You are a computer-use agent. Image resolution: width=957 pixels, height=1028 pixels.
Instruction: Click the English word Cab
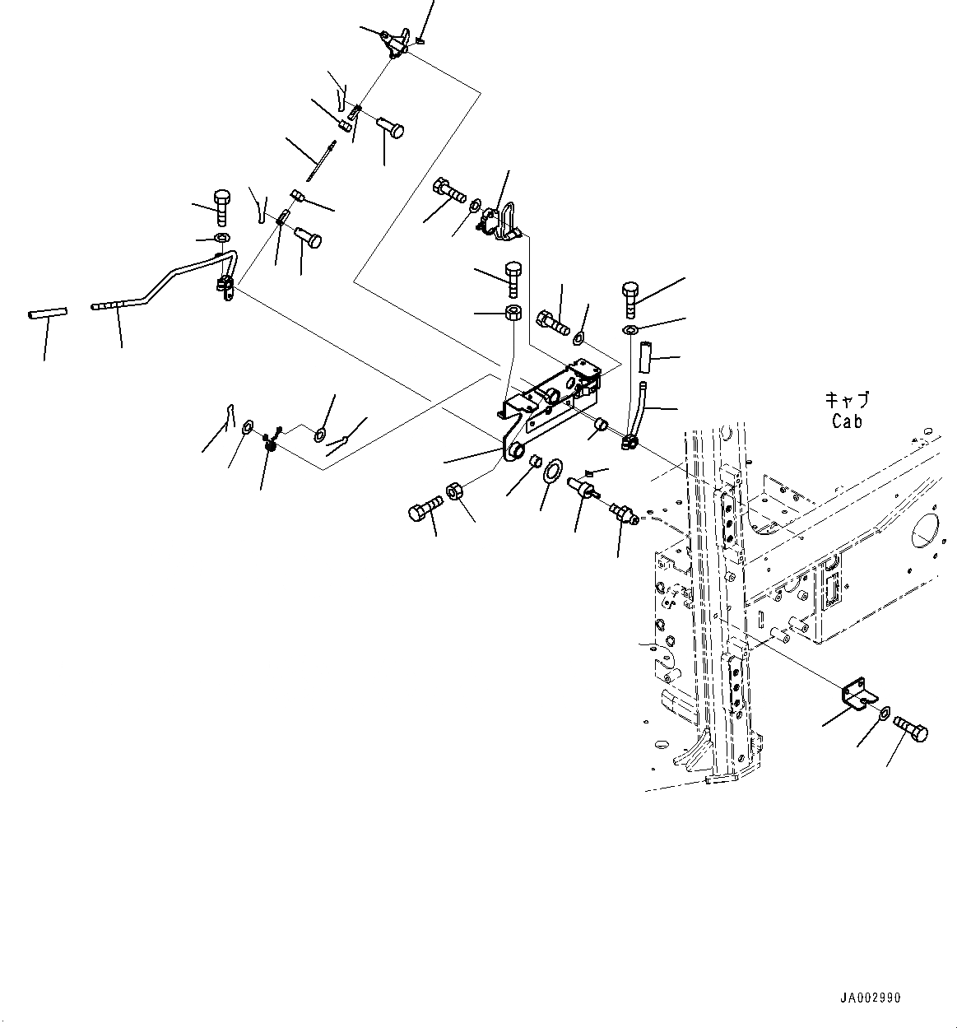pos(846,421)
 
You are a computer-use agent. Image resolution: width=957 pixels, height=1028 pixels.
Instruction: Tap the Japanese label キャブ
pos(847,402)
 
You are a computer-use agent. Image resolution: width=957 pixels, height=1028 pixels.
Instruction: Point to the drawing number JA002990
pos(870,998)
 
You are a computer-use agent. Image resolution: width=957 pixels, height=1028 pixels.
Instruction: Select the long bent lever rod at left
pos(165,288)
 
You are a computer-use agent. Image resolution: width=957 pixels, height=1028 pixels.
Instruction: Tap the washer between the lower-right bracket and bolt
pos(883,712)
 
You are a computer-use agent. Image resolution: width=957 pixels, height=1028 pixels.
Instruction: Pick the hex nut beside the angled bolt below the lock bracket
pos(453,493)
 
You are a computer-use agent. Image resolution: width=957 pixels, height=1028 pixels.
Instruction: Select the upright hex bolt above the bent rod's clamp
pos(222,207)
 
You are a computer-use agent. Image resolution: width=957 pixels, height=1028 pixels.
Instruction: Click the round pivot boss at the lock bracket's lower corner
pos(517,449)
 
